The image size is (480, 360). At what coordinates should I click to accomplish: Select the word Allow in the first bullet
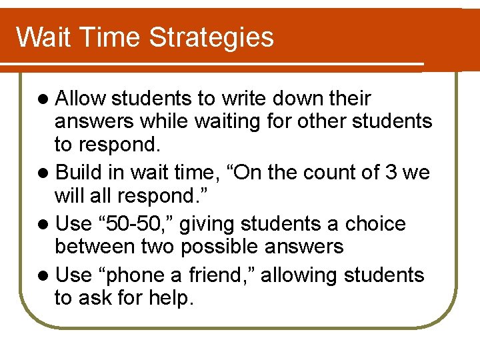pyautogui.click(x=81, y=99)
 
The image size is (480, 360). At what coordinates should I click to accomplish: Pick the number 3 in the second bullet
pyautogui.click(x=391, y=173)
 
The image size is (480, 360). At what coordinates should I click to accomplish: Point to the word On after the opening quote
pyautogui.click(x=259, y=173)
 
